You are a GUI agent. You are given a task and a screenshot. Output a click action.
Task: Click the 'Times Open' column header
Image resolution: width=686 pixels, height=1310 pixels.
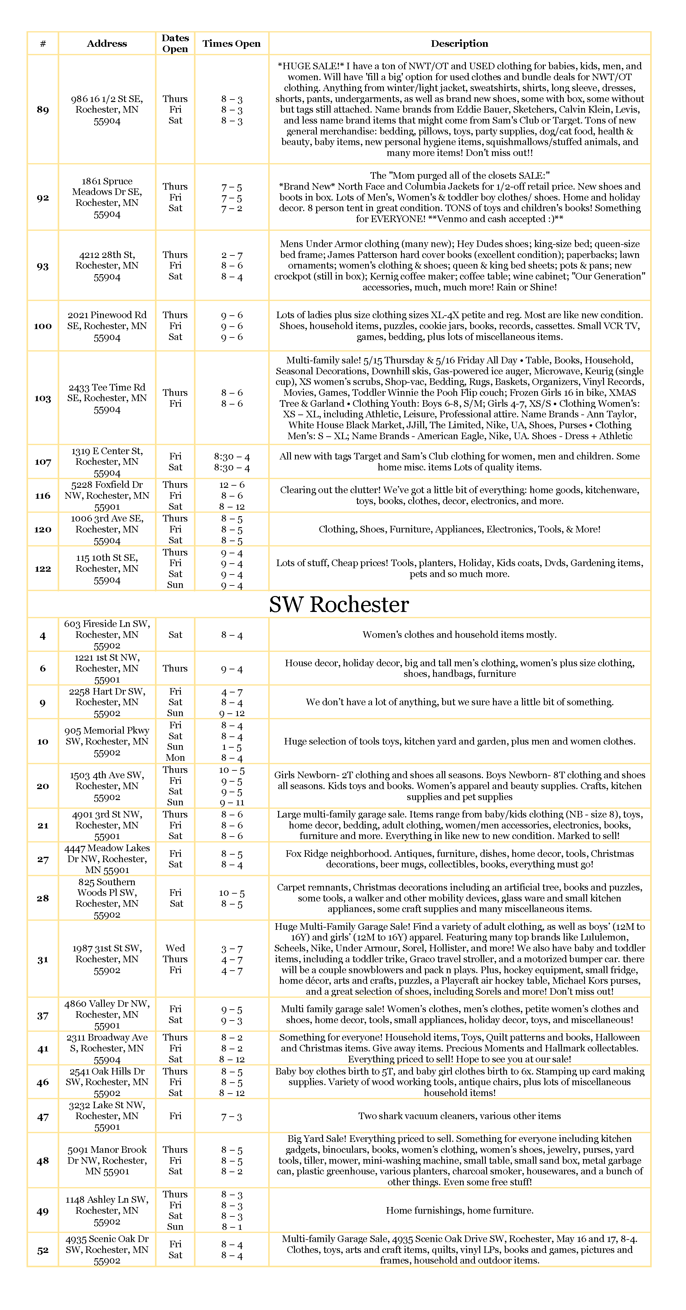231,44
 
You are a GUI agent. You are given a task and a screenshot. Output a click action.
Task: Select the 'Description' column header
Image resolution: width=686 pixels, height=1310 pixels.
459,44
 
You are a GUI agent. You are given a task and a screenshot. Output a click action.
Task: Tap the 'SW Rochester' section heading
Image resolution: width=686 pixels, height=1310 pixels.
339,604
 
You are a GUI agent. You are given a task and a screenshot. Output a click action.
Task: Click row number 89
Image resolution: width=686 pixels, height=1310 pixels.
43,110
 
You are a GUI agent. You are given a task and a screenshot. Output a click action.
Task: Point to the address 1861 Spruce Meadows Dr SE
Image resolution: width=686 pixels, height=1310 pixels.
107,197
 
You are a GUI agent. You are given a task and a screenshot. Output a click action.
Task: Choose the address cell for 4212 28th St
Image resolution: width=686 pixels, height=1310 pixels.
107,265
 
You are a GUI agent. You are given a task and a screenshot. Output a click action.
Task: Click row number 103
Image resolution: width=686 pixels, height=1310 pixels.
43,398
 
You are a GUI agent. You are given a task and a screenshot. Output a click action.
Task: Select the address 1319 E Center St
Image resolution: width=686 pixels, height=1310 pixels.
107,462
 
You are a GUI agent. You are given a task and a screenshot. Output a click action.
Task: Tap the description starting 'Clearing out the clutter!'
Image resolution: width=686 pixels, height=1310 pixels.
459,495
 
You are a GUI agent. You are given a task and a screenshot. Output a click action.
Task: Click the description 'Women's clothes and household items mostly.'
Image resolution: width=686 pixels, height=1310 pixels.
459,635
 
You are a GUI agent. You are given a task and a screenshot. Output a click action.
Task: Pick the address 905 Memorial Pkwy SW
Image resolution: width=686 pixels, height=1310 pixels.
107,741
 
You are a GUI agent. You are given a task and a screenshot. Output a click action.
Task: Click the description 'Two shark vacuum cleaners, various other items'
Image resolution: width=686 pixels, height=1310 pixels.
459,1116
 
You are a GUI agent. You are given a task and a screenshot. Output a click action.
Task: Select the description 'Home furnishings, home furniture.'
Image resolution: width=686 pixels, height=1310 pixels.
459,1210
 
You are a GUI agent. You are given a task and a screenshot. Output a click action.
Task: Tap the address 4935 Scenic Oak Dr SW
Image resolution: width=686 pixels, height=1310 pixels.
107,1249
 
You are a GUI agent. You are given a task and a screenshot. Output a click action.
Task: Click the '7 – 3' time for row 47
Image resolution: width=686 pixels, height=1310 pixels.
231,1117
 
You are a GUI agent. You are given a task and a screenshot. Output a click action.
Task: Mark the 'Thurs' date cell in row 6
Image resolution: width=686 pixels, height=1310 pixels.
175,668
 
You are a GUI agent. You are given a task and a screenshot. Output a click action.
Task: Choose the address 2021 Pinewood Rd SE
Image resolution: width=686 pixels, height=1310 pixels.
107,326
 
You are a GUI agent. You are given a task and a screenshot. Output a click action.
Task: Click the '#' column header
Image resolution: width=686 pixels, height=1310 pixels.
43,44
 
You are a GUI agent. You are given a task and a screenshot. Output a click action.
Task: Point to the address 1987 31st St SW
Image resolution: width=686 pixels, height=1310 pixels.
107,959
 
